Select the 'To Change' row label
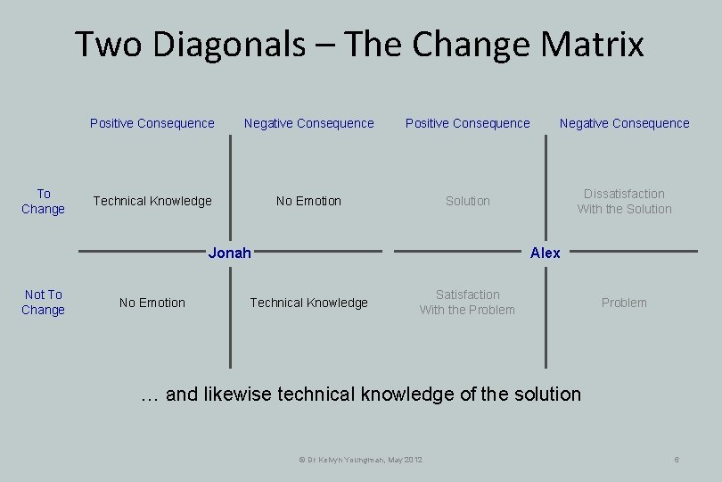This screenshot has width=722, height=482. (x=44, y=201)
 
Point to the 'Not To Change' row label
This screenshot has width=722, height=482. (x=44, y=302)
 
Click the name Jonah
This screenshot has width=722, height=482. (x=229, y=253)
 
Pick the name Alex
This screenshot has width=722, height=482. (x=545, y=253)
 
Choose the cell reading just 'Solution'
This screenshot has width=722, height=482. (x=468, y=201)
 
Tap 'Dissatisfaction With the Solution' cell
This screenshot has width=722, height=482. (x=624, y=201)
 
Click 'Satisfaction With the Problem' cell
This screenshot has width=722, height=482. (x=467, y=302)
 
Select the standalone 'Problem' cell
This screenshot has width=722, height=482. (x=624, y=303)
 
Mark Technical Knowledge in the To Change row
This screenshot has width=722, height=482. (x=152, y=201)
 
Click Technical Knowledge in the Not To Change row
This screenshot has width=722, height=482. (x=308, y=303)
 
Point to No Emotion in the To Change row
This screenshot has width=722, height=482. (x=308, y=201)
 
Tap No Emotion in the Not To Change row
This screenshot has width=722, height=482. (x=152, y=303)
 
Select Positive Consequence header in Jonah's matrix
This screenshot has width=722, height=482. (x=152, y=123)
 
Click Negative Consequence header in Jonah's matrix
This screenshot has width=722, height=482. (x=309, y=123)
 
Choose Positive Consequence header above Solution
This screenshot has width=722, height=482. (x=468, y=123)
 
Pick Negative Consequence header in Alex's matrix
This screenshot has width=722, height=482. (x=624, y=123)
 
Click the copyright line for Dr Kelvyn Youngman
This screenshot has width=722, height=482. (x=360, y=459)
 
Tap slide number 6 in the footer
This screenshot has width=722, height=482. (x=677, y=459)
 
